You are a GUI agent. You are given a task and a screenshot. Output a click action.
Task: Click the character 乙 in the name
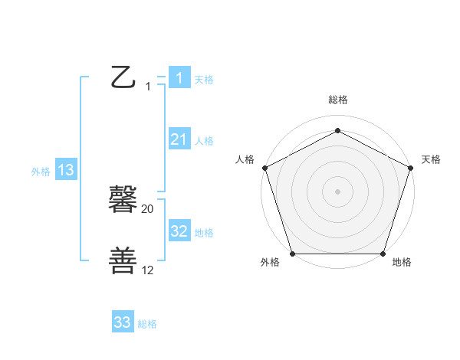[124, 77]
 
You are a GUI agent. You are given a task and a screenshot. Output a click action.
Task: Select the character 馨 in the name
[124, 201]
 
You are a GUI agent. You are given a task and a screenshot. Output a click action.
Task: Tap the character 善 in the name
[124, 260]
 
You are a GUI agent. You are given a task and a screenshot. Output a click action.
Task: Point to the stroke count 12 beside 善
[148, 270]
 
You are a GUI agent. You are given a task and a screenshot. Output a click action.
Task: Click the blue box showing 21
[179, 139]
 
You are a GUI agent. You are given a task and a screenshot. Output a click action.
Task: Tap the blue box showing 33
[123, 322]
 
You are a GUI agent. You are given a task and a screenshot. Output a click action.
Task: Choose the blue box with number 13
[65, 170]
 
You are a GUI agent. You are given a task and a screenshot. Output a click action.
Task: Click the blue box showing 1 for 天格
[179, 78]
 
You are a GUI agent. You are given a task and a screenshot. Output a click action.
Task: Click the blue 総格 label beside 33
[147, 324]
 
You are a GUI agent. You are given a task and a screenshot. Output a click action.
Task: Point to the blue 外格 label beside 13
[41, 172]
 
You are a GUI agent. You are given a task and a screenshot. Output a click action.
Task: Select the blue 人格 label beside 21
[204, 141]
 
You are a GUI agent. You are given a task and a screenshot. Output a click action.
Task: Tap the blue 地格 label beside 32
[204, 233]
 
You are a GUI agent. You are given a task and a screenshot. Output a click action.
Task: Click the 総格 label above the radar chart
[337, 100]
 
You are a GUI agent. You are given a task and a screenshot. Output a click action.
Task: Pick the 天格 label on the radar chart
[431, 159]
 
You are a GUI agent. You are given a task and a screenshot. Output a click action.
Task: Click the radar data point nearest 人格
[264, 168]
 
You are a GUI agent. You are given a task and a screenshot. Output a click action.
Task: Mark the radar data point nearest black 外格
[292, 254]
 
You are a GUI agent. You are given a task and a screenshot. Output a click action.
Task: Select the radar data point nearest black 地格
[383, 254]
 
